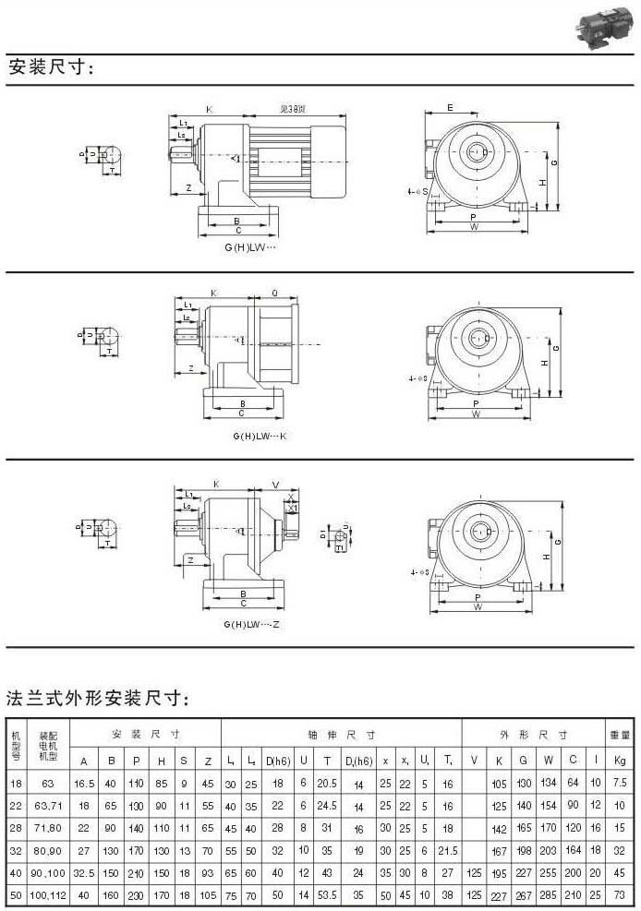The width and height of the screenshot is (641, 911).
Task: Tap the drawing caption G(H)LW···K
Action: pyautogui.click(x=255, y=435)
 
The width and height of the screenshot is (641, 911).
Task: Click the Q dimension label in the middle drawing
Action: pyautogui.click(x=275, y=293)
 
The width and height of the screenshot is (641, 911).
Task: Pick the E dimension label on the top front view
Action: pyautogui.click(x=450, y=108)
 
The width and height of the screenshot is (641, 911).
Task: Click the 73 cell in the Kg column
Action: pyautogui.click(x=620, y=894)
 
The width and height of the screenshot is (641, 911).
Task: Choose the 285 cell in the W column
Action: pyautogui.click(x=549, y=894)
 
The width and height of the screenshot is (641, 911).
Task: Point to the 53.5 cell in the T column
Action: pyautogui.click(x=326, y=894)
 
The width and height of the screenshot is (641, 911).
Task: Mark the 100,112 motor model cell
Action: pyautogui.click(x=49, y=894)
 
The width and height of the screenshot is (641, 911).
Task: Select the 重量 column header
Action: pyautogui.click(x=620, y=735)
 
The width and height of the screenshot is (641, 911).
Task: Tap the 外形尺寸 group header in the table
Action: pyautogui.click(x=531, y=735)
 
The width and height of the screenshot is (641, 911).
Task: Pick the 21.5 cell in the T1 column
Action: pyautogui.click(x=448, y=850)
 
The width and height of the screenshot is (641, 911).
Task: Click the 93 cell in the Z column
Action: pyautogui.click(x=207, y=872)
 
